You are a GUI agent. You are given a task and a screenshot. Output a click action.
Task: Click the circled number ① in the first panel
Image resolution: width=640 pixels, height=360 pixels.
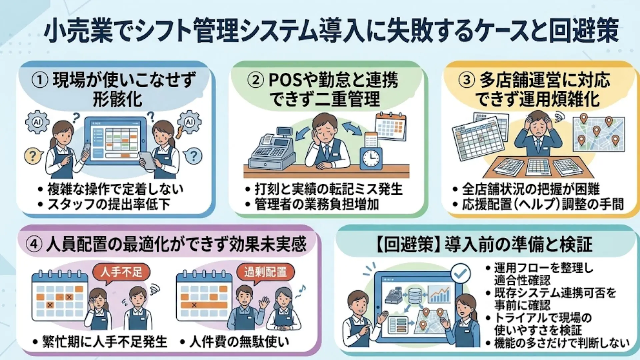coord(40,80)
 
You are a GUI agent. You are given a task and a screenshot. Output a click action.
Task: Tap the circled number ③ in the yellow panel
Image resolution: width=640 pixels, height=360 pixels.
coord(467,80)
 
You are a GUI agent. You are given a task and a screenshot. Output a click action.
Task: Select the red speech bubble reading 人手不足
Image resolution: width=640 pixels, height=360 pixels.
coord(121,272)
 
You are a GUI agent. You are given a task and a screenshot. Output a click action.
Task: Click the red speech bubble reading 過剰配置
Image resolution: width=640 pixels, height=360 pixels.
coord(265,272)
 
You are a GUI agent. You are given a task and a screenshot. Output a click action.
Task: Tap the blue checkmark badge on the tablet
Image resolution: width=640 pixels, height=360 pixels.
coord(460,274)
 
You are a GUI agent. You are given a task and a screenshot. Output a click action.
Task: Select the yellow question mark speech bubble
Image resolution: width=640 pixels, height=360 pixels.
coord(33,156)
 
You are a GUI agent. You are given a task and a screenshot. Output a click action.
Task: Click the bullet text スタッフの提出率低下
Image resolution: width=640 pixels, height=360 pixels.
coord(109,204)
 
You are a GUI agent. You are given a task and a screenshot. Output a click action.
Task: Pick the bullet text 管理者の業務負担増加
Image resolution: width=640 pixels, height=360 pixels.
coord(317,204)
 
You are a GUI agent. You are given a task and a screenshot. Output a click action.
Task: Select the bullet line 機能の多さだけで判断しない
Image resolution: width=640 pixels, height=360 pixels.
coord(561,343)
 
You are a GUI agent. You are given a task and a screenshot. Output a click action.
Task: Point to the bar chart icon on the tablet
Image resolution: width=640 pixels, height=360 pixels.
coord(440,294)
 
